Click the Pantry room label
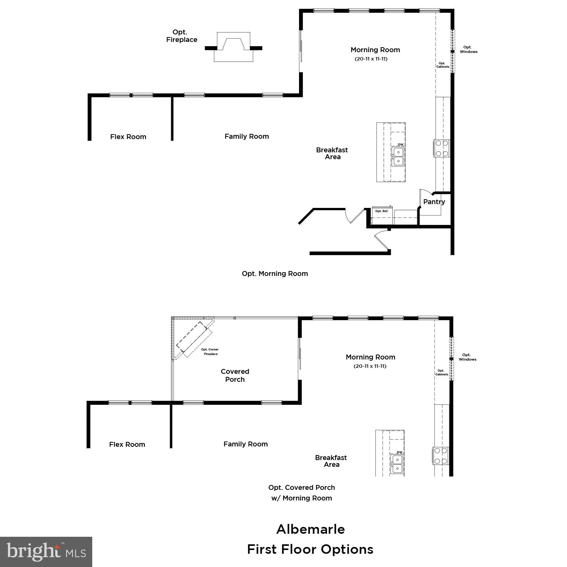434,202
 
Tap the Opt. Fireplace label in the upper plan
181,36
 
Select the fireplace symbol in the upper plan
233,47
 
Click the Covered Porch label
235,375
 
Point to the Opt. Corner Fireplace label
210,352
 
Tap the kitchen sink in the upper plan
398,157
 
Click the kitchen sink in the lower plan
397,464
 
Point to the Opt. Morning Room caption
275,274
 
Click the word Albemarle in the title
310,529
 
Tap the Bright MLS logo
46,552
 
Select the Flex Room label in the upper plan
128,137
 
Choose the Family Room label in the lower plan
245,444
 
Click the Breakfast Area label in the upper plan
332,153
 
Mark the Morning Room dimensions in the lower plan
370,366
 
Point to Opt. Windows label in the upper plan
468,50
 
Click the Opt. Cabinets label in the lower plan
442,373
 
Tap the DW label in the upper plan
401,145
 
